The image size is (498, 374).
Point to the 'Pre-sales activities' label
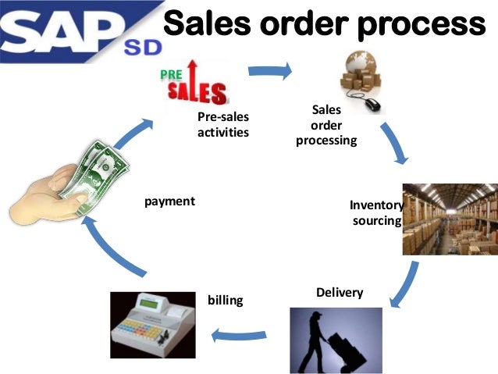click(x=223, y=125)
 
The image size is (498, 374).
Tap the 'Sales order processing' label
click(x=326, y=126)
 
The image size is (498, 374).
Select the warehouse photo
click(x=449, y=219)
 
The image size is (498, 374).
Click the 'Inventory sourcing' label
click(x=375, y=213)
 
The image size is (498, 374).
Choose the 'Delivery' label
click(x=340, y=292)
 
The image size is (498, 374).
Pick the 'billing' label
click(x=226, y=299)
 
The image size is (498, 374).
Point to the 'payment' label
click(x=169, y=201)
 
